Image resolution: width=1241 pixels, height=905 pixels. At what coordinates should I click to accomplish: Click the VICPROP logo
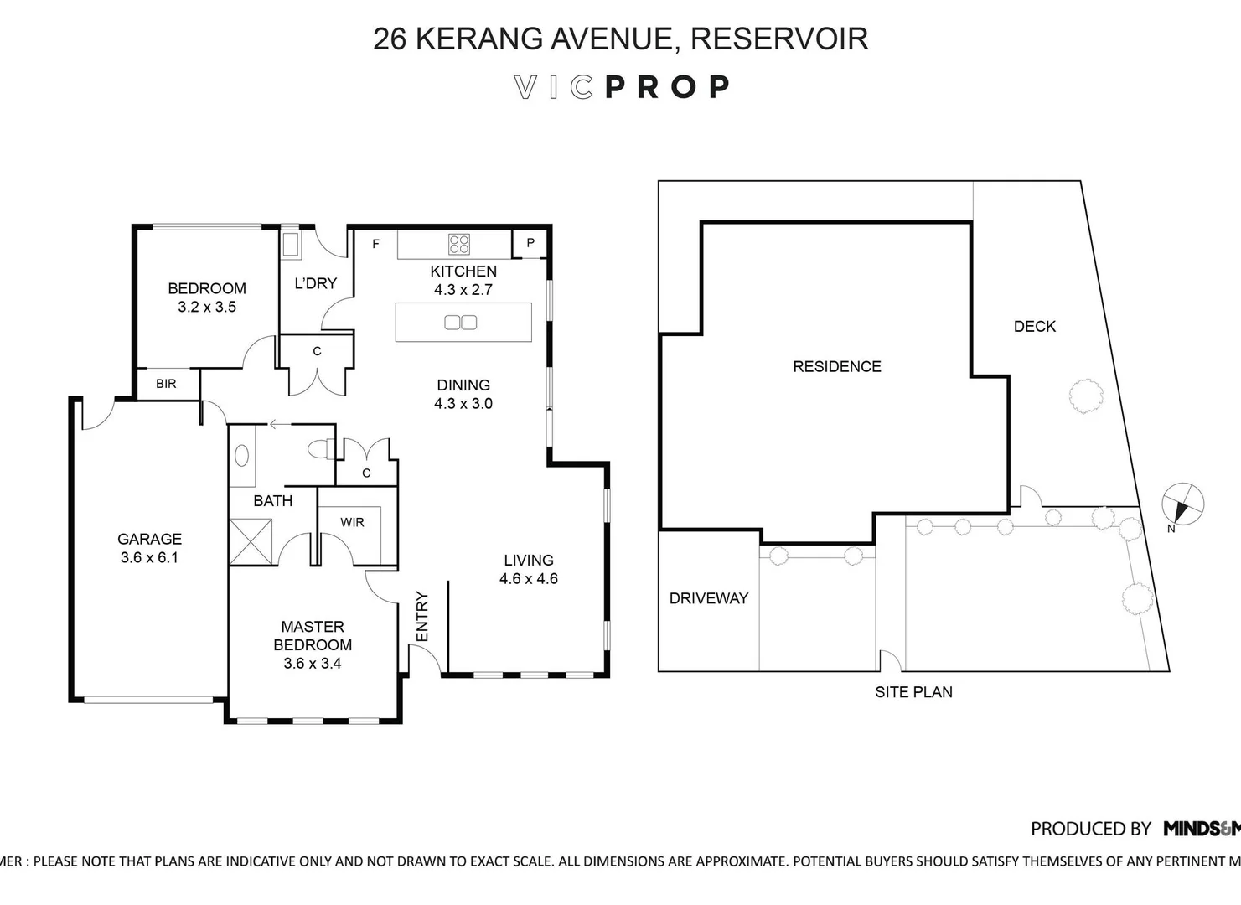click(621, 87)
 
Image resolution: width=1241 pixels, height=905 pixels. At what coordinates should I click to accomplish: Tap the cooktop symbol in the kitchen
click(459, 244)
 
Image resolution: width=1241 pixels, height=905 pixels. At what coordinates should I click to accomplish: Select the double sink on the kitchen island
click(461, 322)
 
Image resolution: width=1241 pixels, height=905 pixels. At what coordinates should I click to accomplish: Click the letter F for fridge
click(375, 244)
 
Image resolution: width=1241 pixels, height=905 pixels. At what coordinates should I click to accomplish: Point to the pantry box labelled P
click(530, 244)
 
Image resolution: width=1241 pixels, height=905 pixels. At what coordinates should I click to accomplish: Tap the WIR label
click(352, 522)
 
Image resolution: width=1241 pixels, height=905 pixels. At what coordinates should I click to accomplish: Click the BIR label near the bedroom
click(166, 384)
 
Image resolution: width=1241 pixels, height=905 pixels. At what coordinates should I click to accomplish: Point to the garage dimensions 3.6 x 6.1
click(149, 557)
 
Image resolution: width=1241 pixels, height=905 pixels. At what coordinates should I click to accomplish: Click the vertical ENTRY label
click(422, 617)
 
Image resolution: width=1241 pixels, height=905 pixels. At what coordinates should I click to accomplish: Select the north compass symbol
click(1182, 505)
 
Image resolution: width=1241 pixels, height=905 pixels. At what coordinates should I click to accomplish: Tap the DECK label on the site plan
click(1034, 327)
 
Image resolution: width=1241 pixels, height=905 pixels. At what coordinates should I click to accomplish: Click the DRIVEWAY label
click(708, 598)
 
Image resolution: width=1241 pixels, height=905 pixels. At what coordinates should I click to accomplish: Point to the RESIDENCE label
click(836, 366)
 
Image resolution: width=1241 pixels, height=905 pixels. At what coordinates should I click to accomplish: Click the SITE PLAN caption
click(913, 692)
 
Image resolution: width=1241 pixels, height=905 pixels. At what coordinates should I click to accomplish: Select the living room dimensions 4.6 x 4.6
click(528, 578)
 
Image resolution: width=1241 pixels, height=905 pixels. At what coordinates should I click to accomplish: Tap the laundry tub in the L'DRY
click(290, 244)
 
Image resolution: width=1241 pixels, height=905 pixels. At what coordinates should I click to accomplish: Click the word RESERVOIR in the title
click(778, 39)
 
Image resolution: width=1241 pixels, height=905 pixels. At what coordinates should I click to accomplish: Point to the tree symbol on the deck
click(1086, 396)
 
